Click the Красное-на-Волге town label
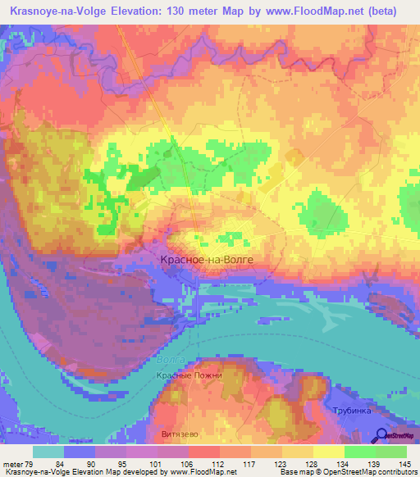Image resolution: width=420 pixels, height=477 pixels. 203,259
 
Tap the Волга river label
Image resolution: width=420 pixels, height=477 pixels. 166,359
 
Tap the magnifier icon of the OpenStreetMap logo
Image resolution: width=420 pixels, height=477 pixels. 381,435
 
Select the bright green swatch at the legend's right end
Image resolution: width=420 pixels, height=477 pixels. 390,452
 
